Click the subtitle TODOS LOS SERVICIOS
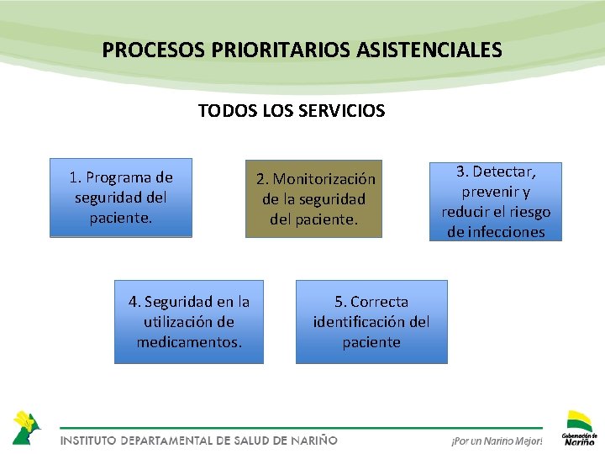point(292,110)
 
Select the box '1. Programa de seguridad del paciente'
point(121,198)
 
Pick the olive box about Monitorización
point(313,199)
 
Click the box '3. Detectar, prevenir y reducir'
point(496,202)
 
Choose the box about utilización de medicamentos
point(189,322)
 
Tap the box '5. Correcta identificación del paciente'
point(371,322)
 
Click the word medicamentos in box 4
point(189,342)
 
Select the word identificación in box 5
point(360,322)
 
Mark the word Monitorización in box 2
point(324,179)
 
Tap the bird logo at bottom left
point(26,426)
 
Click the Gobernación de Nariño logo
point(580,427)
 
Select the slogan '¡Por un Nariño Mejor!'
point(497,441)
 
